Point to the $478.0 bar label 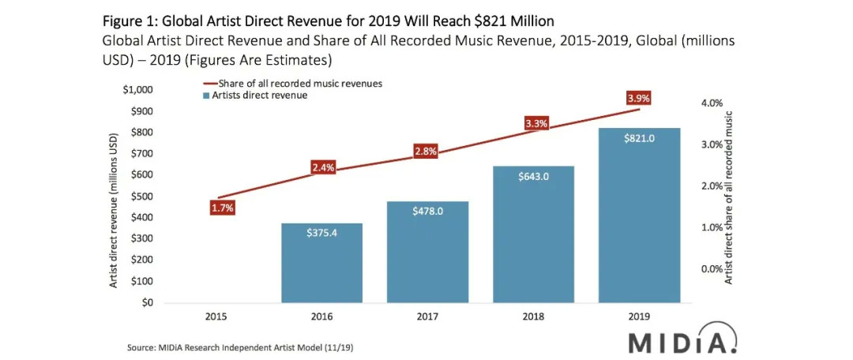point(427,212)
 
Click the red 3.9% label point(639,98)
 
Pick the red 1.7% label point(223,208)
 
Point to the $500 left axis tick point(143,196)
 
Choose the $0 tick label point(148,302)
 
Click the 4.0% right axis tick point(712,103)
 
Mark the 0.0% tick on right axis point(712,269)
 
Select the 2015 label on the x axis point(216,317)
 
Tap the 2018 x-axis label point(533,317)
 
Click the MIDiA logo point(684,343)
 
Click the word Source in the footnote point(141,347)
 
